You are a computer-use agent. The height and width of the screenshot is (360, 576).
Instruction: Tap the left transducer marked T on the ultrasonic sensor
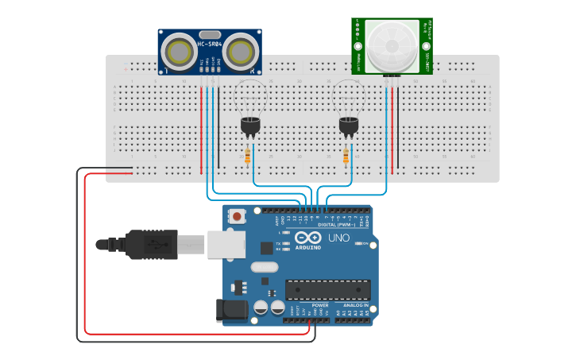pos(179,52)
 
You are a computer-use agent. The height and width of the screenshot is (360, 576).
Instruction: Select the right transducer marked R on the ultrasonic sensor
pos(241,52)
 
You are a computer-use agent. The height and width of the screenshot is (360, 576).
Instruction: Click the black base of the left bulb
pos(250,125)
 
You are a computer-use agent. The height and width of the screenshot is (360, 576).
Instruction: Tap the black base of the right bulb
pos(349,125)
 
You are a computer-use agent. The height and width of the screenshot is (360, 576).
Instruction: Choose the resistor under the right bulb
pos(346,157)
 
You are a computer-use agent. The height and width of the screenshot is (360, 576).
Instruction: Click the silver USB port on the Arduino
pos(226,244)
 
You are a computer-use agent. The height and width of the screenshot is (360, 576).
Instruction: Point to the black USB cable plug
pos(151,245)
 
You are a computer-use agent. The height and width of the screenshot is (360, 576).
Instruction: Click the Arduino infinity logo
pos(307,238)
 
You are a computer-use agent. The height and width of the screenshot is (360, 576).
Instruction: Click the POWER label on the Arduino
pos(320,305)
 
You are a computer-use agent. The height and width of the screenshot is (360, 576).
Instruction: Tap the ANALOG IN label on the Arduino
pos(356,305)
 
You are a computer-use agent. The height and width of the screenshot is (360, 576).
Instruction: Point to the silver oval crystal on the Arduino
pos(265,268)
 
